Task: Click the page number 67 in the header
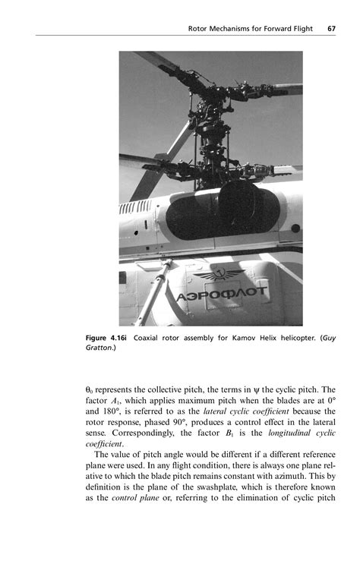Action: (x=332, y=29)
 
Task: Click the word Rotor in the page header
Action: (x=199, y=29)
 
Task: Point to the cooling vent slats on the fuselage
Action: (x=137, y=207)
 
